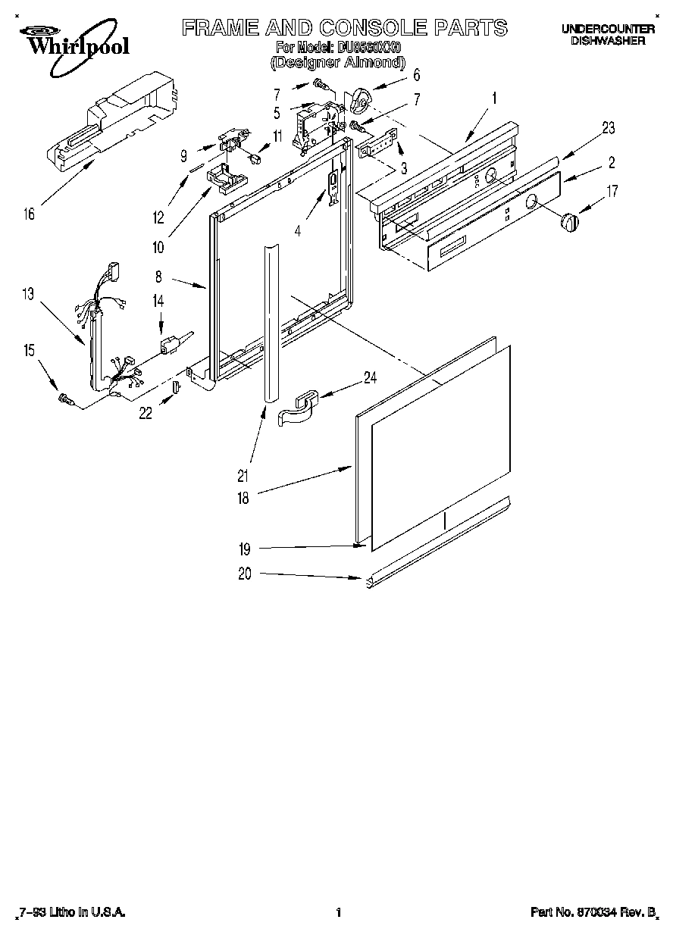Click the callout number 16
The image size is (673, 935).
[x=29, y=214]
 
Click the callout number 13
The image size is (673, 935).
[x=28, y=294]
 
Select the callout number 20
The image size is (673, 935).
[x=243, y=574]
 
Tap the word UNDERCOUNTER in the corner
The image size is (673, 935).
[x=607, y=29]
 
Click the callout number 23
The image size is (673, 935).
[x=609, y=128]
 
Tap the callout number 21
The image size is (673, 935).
[x=243, y=476]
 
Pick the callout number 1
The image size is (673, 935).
[x=493, y=98]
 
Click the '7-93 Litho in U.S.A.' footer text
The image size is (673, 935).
[x=71, y=913]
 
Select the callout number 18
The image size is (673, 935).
[x=243, y=498]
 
